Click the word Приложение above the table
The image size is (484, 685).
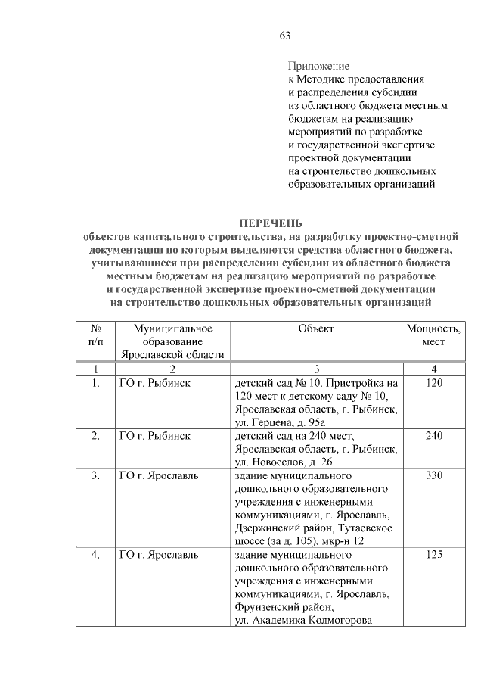click(318, 67)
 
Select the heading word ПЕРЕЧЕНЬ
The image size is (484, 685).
click(271, 223)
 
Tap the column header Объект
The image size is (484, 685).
click(316, 328)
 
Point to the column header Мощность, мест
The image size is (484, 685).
click(433, 335)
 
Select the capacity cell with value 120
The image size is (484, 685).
click(433, 384)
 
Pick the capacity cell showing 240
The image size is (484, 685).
click(433, 436)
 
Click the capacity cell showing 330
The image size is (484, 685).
click(433, 475)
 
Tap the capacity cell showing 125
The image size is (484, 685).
click(433, 555)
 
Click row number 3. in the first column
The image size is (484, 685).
click(96, 475)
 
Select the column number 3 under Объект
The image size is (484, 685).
click(316, 369)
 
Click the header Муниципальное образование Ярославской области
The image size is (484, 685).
click(173, 341)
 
